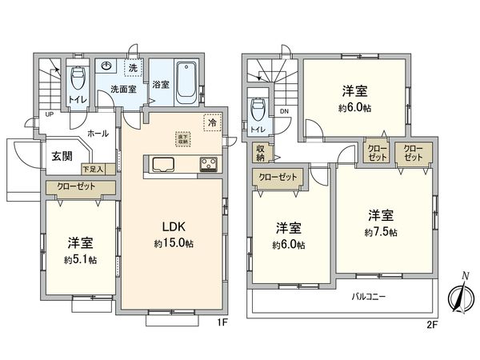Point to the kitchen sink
[163, 166]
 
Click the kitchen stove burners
[210, 166]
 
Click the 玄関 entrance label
[64, 156]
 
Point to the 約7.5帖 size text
[380, 231]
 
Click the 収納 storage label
[261, 152]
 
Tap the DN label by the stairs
[283, 112]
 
